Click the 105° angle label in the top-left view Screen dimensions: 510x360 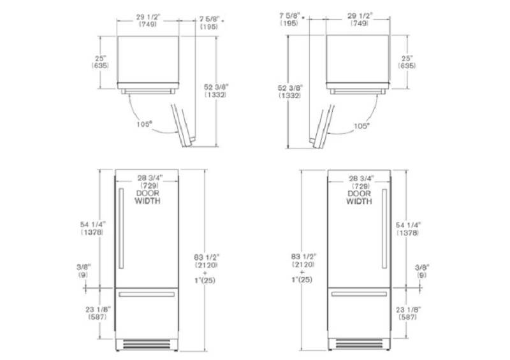[145, 124]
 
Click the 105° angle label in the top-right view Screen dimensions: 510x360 [361, 126]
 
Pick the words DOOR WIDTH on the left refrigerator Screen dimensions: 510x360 [148, 197]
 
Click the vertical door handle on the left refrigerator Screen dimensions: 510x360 [121, 229]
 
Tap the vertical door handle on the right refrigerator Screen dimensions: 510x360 [384, 229]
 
